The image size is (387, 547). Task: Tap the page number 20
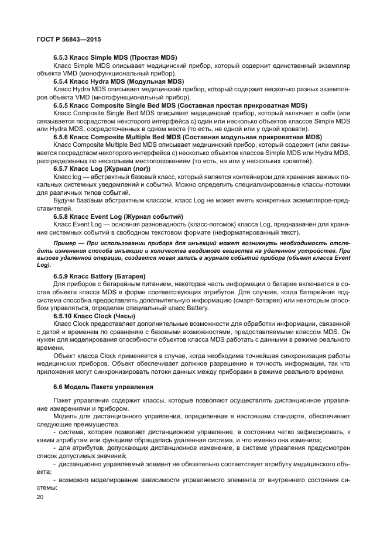(41, 496)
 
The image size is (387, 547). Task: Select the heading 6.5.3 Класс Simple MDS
(115, 59)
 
